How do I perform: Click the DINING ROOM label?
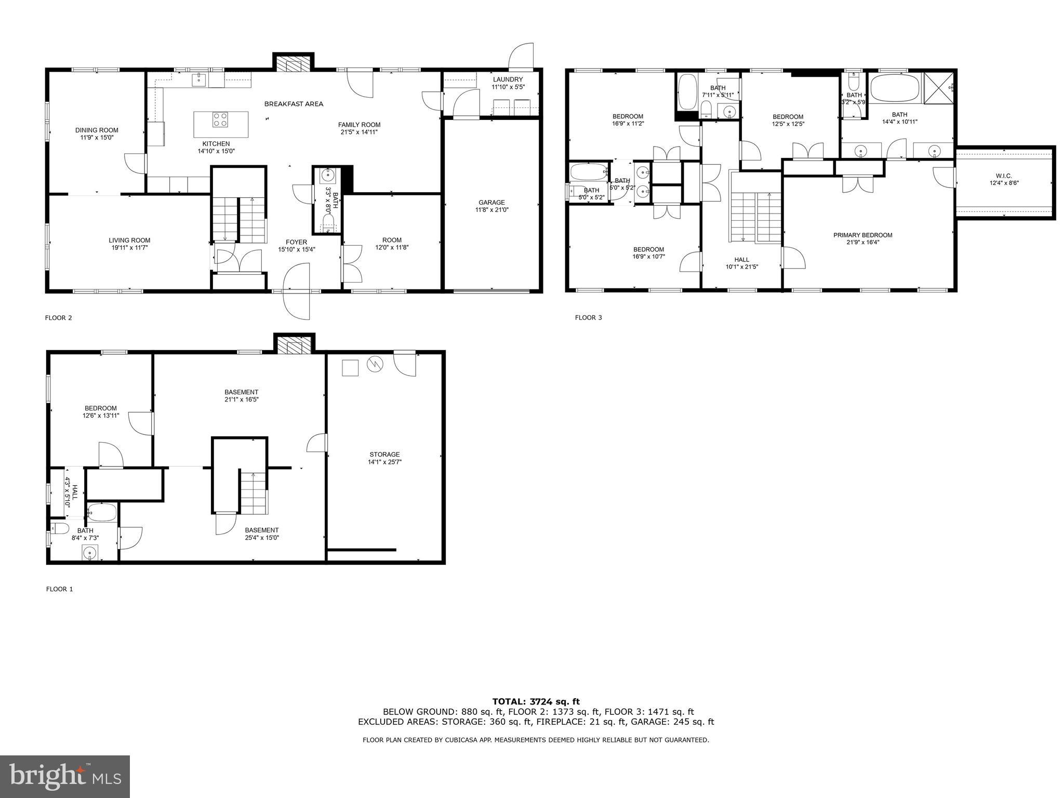97,130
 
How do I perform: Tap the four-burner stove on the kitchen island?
220,120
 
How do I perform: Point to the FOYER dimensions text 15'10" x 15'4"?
296,249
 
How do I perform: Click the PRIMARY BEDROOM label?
862,235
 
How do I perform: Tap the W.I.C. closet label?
1004,176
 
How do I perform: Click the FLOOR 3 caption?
588,317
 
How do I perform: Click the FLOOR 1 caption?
60,589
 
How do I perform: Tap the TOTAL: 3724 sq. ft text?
536,701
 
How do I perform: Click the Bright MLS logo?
65,776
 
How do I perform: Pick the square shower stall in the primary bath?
938,88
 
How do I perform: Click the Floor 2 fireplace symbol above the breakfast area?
294,64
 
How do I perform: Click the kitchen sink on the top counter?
199,80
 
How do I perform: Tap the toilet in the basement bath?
60,529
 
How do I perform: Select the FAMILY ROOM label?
359,125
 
